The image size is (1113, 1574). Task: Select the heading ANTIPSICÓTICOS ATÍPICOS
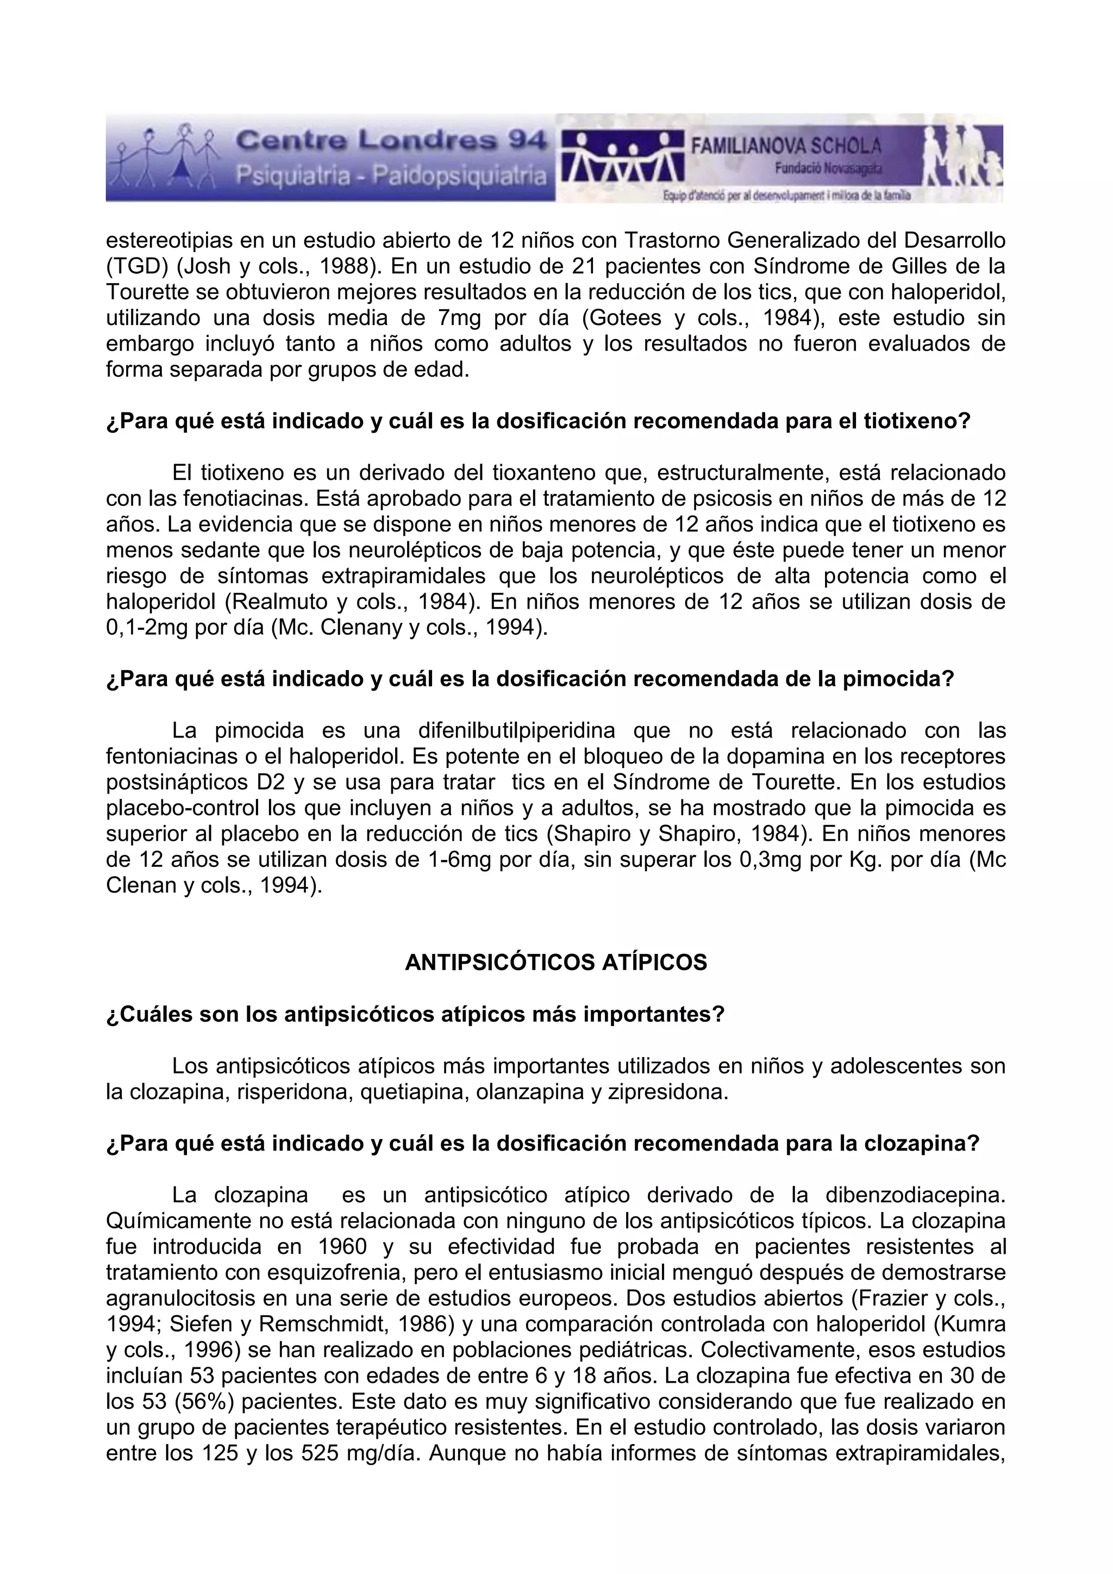556,963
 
